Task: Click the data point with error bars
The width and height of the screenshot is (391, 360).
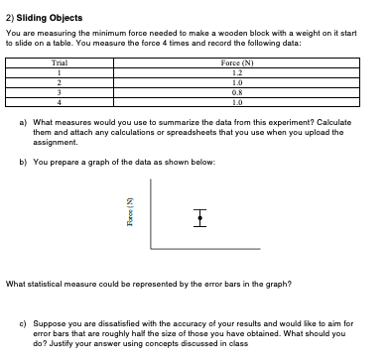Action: [x=200, y=215]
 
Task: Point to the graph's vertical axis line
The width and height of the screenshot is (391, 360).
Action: [x=152, y=213]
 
